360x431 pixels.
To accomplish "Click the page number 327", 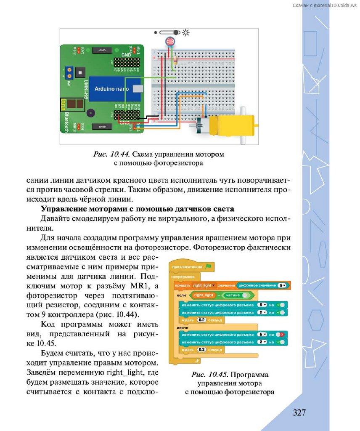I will click(299, 412).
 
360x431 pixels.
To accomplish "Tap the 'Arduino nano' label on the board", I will click(108, 89).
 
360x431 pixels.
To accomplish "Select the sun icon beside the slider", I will click(185, 32).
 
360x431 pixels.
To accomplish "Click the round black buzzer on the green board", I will click(90, 114).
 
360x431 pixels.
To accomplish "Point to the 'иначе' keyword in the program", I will click(183, 327).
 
